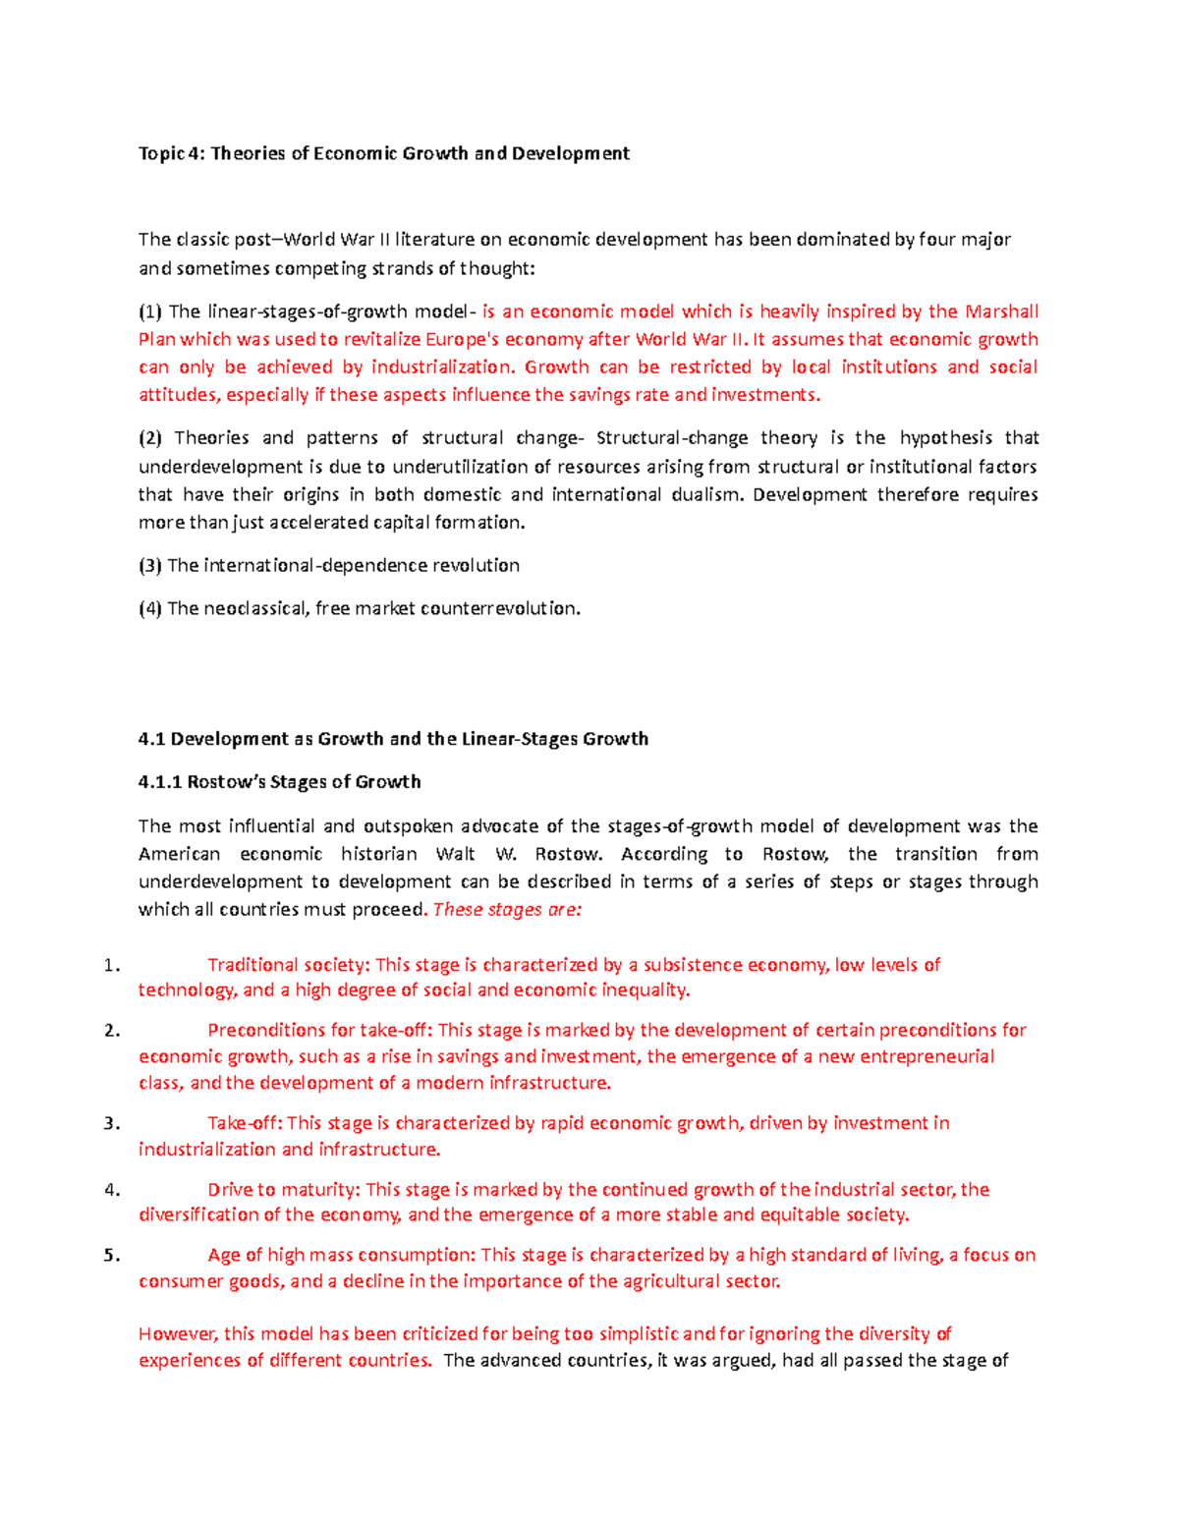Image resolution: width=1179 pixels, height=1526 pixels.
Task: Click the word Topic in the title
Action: (x=161, y=153)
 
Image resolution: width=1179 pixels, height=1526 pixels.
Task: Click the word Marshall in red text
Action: (x=1001, y=311)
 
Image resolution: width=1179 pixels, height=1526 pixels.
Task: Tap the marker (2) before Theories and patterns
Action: (x=150, y=437)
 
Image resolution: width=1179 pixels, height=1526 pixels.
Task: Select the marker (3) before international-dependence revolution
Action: (x=150, y=565)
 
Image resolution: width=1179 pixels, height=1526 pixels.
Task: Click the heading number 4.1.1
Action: (x=160, y=782)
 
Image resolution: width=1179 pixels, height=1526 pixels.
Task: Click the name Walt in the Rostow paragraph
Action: (x=456, y=854)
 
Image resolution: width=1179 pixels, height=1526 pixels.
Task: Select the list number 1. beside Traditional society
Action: (x=111, y=965)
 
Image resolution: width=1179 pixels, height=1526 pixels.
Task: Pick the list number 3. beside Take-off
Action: (x=111, y=1123)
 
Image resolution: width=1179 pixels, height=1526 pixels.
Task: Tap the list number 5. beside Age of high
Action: (x=111, y=1255)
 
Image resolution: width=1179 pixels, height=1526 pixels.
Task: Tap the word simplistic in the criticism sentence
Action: (x=639, y=1333)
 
